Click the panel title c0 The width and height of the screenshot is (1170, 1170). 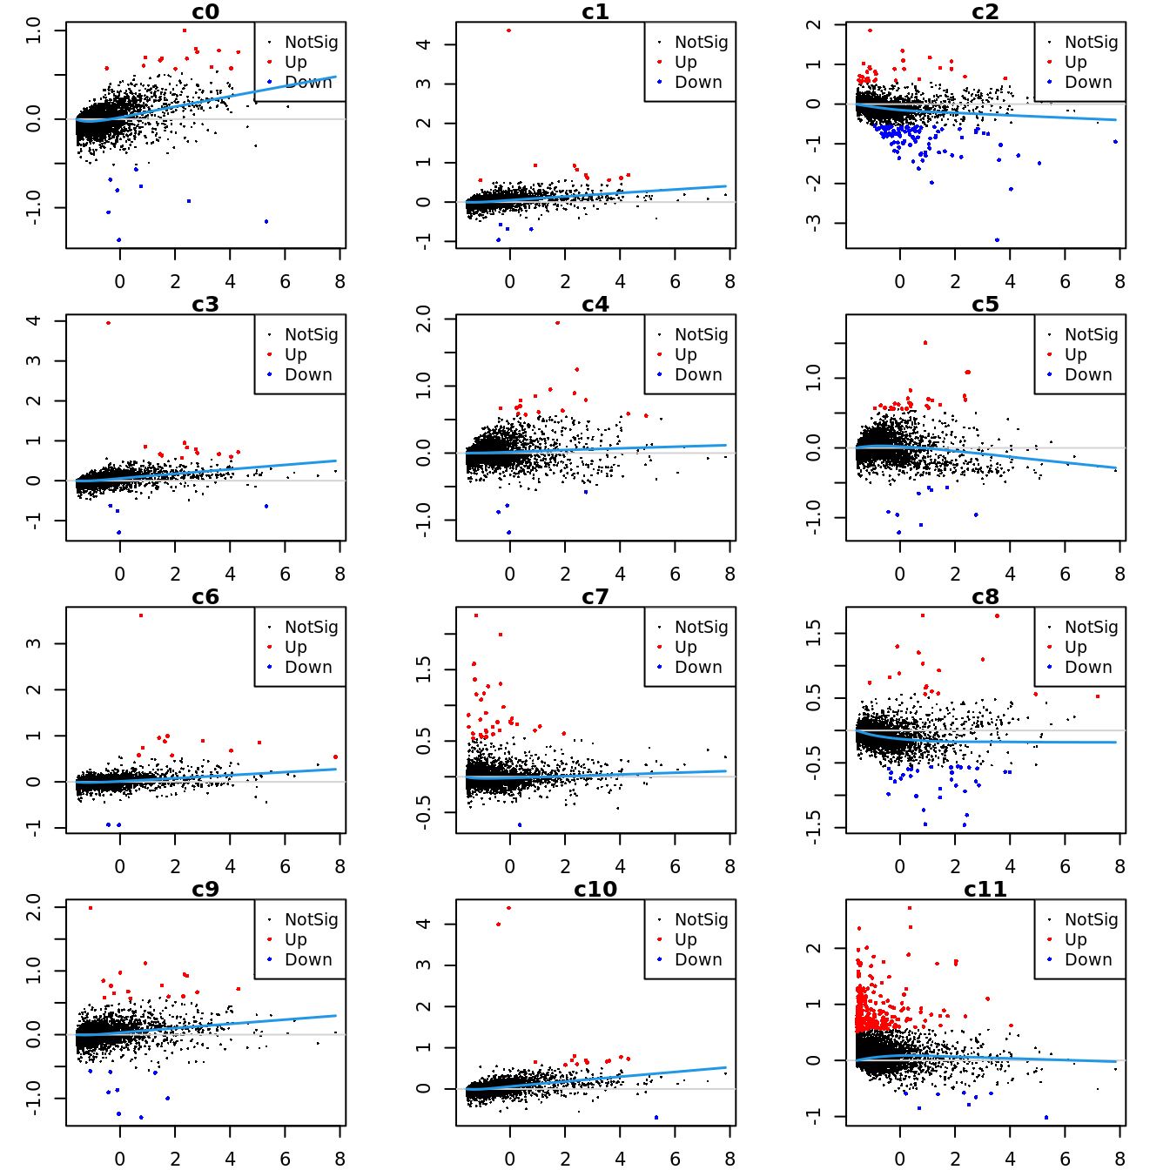click(x=205, y=12)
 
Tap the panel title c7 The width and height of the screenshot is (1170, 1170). click(x=595, y=597)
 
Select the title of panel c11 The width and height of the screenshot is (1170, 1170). click(x=985, y=890)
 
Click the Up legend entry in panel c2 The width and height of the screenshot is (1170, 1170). click(x=1076, y=62)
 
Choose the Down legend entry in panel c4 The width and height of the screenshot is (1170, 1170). click(x=698, y=374)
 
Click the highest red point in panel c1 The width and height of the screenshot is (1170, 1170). click(x=508, y=30)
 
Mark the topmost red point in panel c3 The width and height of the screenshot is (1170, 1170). click(x=108, y=323)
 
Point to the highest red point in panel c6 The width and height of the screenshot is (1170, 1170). click(x=141, y=615)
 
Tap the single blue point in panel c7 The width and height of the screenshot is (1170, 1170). click(x=520, y=824)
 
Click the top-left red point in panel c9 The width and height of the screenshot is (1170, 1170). click(x=91, y=908)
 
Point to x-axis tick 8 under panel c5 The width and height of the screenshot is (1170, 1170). click(x=1120, y=575)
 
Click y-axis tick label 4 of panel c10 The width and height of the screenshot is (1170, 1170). click(x=424, y=924)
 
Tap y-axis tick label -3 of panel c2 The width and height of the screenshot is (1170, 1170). click(x=814, y=223)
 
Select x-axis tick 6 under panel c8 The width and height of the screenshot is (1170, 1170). click(x=1065, y=867)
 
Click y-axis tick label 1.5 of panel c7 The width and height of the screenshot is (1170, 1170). click(x=424, y=669)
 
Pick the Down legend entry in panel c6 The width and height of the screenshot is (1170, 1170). click(x=308, y=667)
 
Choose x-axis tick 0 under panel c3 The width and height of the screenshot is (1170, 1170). click(x=120, y=575)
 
